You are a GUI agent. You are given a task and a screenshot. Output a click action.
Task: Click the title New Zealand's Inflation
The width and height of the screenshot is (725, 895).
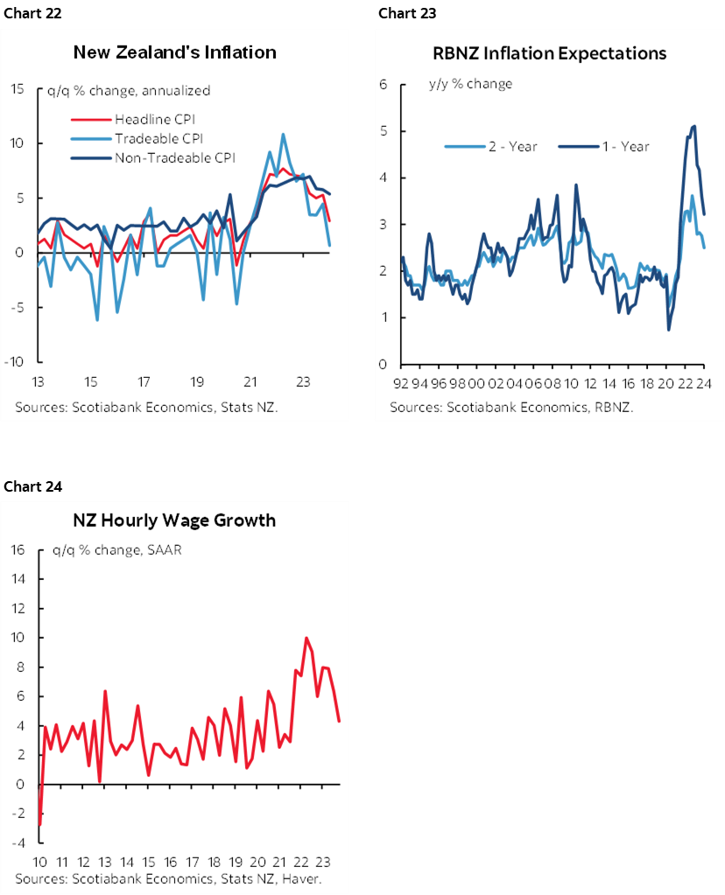(x=174, y=52)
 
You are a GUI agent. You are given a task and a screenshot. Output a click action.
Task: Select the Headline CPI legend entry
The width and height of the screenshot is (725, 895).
(x=145, y=119)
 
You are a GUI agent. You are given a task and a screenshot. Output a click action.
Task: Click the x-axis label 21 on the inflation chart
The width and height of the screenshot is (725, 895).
(x=250, y=382)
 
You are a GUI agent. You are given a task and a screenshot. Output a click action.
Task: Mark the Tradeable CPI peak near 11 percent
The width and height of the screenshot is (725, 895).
(x=283, y=135)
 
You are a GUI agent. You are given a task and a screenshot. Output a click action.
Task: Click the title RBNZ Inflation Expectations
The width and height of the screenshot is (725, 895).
(x=549, y=53)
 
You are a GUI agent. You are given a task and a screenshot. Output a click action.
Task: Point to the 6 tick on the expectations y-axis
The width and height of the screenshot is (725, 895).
(x=383, y=85)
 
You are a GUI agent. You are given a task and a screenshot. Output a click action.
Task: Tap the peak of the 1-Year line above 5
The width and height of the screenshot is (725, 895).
(x=693, y=126)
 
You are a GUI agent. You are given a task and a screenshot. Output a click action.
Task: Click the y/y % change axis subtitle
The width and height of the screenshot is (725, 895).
(x=470, y=84)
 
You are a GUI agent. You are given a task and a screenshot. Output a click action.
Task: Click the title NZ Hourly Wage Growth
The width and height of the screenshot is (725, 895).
(x=174, y=521)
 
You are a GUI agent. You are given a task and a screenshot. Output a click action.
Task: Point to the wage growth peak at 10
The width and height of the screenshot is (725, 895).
(x=306, y=638)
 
